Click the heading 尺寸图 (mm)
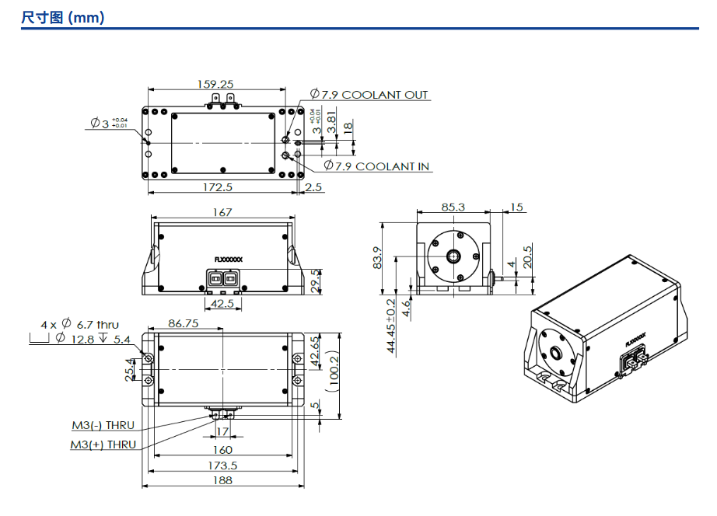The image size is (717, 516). coord(63,17)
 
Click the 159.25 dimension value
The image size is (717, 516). coord(215,84)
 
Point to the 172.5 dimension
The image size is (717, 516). coord(218,187)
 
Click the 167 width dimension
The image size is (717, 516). coord(222,212)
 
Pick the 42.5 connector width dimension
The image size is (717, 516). coord(222,303)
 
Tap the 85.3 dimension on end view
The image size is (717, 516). coord(453,207)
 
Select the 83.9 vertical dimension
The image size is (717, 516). coord(378,258)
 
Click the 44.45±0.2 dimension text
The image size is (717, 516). coord(391,326)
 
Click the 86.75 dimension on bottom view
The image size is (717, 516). coord(183,323)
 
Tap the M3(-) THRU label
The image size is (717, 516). coord(103,425)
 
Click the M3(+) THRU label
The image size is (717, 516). coord(103,445)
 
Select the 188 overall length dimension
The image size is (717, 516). coord(222,480)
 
